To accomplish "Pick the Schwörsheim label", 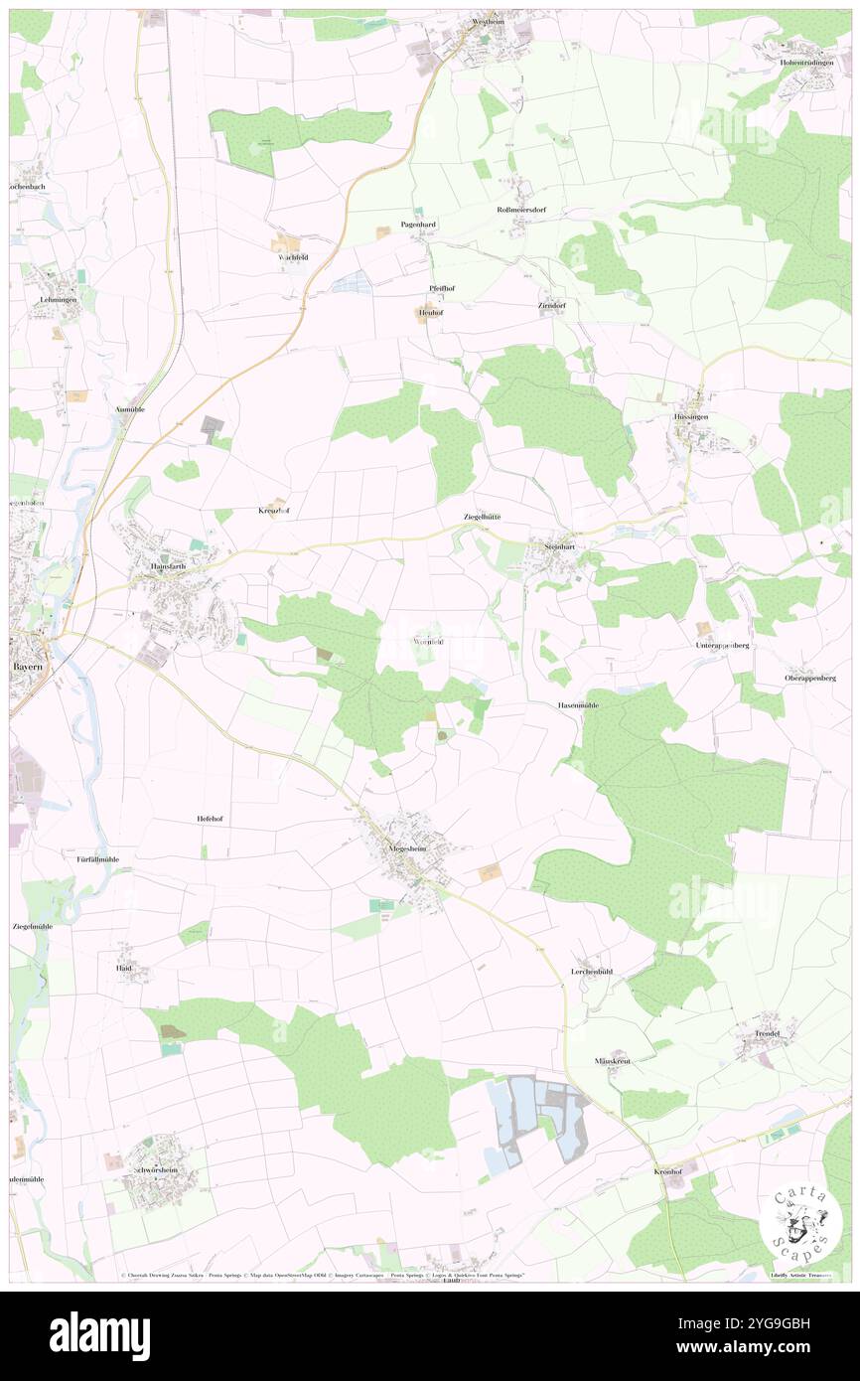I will [x=154, y=1171].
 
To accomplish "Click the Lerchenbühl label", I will [x=592, y=970].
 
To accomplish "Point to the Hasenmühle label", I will [x=577, y=704].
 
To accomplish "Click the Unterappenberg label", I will [x=721, y=645].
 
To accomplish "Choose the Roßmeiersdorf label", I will [x=521, y=210].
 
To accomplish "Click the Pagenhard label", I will [x=418, y=225].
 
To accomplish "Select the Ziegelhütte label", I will [x=483, y=517].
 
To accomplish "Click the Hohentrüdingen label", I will [x=808, y=63].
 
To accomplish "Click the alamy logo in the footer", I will [x=99, y=1335].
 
